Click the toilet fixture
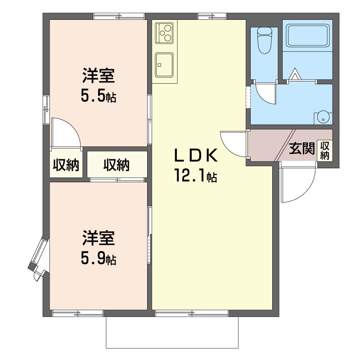tap(265, 40)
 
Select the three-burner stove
tap(165, 32)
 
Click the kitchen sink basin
tap(164, 65)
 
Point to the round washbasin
tap(323, 117)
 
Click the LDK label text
tap(196, 155)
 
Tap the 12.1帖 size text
tap(196, 175)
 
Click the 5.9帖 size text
tap(99, 258)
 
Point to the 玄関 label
tap(301, 148)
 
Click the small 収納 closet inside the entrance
tap(324, 150)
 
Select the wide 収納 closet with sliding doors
tap(117, 164)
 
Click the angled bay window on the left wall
tap(38, 254)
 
